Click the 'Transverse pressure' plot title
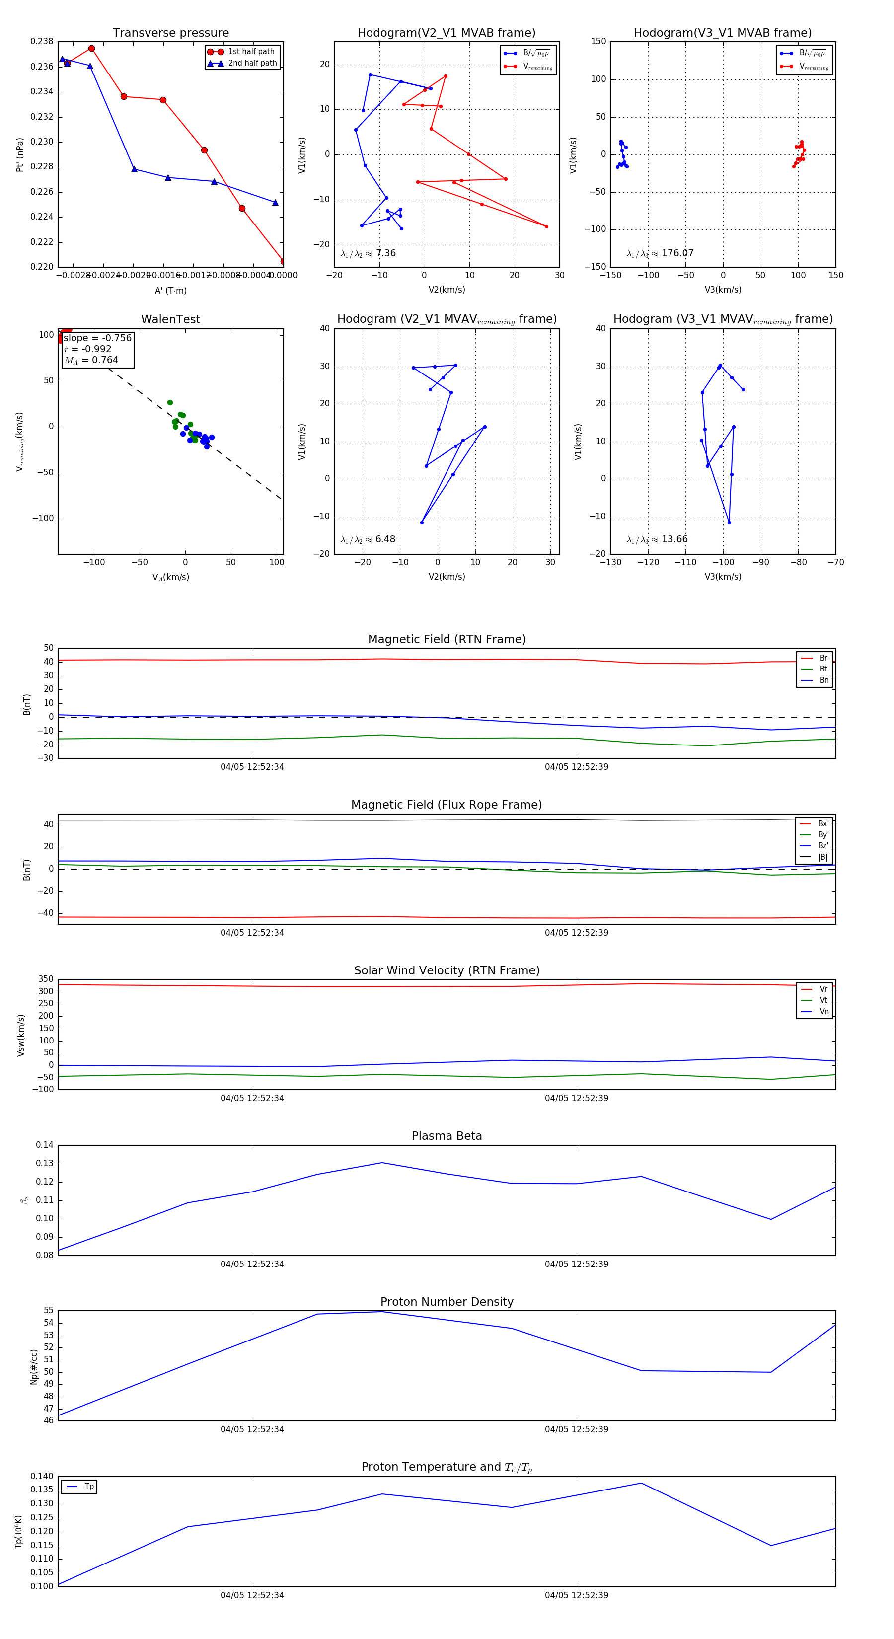(170, 33)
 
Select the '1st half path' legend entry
(251, 52)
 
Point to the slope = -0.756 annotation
(97, 338)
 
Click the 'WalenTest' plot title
(170, 319)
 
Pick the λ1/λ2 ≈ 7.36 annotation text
(369, 253)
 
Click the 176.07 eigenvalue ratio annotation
(661, 253)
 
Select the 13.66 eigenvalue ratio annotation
(657, 539)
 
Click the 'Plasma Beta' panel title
(447, 1136)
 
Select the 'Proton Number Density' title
(447, 1302)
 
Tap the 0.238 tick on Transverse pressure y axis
(42, 41)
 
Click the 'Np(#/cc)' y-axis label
(34, 1367)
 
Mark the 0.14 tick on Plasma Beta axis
(45, 1145)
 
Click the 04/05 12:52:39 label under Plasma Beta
(577, 1264)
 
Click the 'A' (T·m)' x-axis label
(170, 291)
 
